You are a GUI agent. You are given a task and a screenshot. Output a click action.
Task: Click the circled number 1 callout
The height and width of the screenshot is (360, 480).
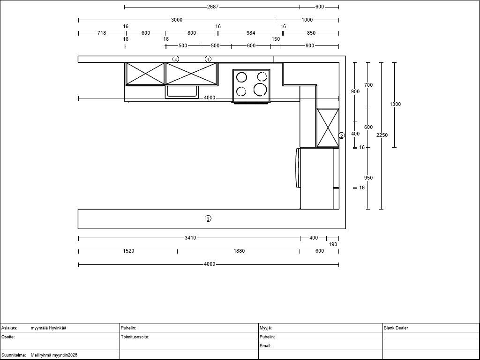point(208,60)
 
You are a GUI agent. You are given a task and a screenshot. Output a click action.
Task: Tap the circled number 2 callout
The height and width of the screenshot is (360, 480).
point(342,135)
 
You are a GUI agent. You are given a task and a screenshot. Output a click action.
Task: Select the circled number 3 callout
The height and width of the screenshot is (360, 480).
point(208,218)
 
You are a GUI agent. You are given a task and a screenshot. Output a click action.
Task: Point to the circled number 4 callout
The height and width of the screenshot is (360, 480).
point(175,60)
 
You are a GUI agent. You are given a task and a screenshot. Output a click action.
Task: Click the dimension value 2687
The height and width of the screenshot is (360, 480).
point(213,7)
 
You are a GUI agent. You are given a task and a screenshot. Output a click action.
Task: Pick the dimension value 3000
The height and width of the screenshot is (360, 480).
point(177,20)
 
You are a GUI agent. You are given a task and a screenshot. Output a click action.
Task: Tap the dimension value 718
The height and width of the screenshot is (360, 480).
point(102,33)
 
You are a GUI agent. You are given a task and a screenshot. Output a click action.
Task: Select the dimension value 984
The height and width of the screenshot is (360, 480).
point(251,33)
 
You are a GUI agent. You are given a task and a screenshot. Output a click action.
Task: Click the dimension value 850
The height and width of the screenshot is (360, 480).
point(311,33)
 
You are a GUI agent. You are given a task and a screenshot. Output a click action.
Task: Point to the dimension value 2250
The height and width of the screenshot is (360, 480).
point(382,135)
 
